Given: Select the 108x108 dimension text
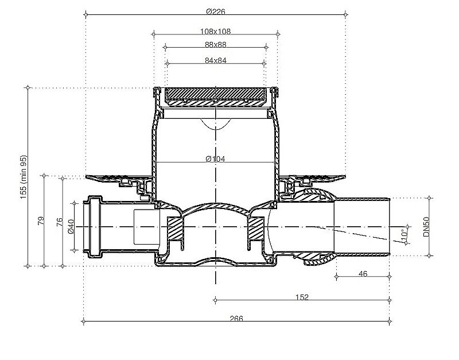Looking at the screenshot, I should [x=216, y=32].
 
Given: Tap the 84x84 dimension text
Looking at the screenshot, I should [x=216, y=61].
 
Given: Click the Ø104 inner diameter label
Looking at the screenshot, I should [x=216, y=159].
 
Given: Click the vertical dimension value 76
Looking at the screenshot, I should [x=60, y=221].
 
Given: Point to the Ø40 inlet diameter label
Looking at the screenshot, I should [x=71, y=227].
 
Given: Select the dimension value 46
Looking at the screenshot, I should [x=363, y=274].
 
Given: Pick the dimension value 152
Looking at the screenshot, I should [x=302, y=297].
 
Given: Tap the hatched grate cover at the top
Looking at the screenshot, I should [x=216, y=94].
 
